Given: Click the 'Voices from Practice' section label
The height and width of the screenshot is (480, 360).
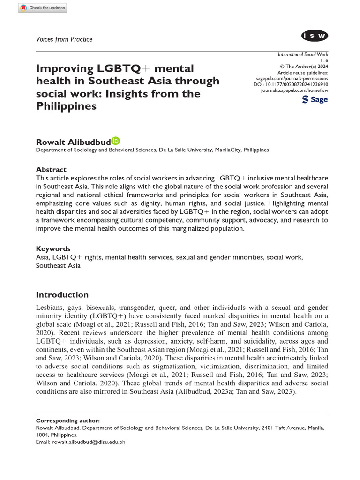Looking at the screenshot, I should click(x=64, y=39).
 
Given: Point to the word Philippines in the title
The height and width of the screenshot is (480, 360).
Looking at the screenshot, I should click(x=66, y=106).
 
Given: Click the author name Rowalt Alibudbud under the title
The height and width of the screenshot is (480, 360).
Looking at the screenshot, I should click(x=73, y=142).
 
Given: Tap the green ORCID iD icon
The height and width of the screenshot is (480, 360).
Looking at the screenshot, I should click(x=115, y=141).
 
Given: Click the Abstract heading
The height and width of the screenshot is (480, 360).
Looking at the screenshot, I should click(x=51, y=169).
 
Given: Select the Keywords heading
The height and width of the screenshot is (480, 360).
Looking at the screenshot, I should click(x=53, y=248).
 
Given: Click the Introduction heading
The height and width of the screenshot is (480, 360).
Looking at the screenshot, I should click(x=62, y=294).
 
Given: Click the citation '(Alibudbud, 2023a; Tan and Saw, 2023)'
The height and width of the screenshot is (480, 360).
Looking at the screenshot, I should click(x=236, y=392).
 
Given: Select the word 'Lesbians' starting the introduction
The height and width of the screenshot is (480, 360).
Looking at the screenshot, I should click(x=50, y=307).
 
